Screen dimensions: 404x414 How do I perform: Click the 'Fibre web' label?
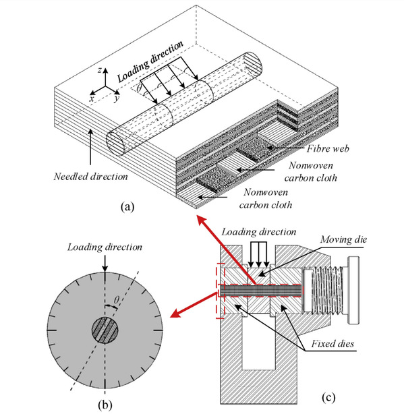pyautogui.click(x=328, y=148)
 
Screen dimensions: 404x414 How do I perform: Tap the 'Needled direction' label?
pyautogui.click(x=90, y=177)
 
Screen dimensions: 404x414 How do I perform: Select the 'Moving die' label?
pyautogui.click(x=343, y=239)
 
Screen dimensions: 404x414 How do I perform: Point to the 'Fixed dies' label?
pyautogui.click(x=333, y=343)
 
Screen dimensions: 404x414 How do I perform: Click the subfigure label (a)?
pyautogui.click(x=127, y=206)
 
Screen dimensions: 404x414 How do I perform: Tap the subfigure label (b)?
pyautogui.click(x=105, y=405)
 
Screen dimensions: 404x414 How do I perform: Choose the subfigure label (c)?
pyautogui.click(x=328, y=397)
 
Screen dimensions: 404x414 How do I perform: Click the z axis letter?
pyautogui.click(x=100, y=70)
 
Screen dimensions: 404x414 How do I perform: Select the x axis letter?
pyautogui.click(x=92, y=98)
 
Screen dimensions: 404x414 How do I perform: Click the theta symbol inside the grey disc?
pyautogui.click(x=117, y=299)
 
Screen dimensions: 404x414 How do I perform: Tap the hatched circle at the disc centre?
pyautogui.click(x=105, y=330)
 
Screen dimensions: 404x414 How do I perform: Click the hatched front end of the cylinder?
pyautogui.click(x=115, y=144)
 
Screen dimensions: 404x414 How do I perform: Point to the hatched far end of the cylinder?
pyautogui.click(x=253, y=64)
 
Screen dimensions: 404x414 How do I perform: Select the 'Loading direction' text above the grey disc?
pyautogui.click(x=105, y=247)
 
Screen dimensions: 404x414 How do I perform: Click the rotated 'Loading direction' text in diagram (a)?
pyautogui.click(x=150, y=61)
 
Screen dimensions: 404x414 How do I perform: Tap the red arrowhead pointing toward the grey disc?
pyautogui.click(x=176, y=314)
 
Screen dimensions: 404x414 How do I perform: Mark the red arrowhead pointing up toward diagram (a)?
pyautogui.click(x=202, y=220)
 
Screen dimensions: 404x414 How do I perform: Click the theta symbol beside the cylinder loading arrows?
pyautogui.click(x=139, y=88)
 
